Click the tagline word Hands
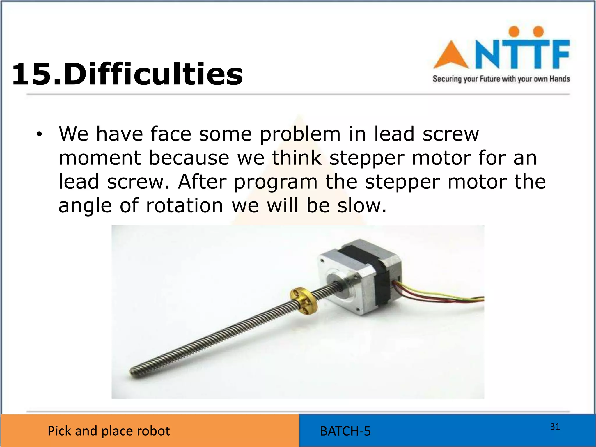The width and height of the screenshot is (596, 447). tap(559, 79)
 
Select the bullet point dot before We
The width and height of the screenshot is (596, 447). tap(39, 135)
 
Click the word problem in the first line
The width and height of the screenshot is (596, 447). tap(300, 134)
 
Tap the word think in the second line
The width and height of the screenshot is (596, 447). tap(297, 158)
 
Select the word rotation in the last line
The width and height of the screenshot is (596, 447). tap(185, 206)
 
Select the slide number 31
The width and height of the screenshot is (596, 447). tap(555, 427)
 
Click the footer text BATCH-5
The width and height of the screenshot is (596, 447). tap(345, 431)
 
